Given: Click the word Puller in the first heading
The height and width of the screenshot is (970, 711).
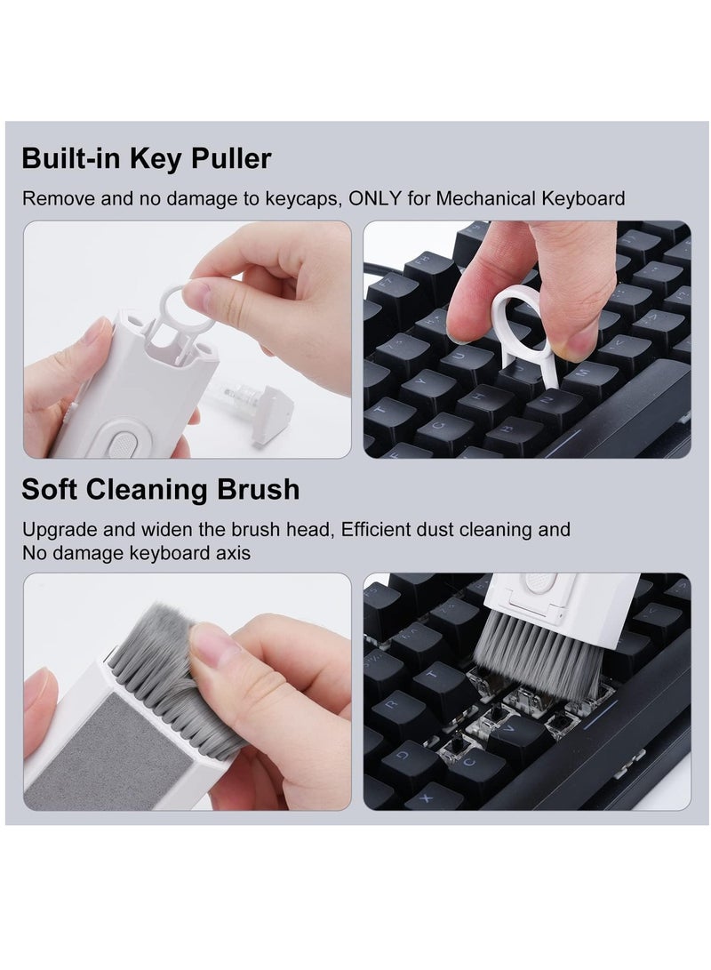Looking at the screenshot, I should pyautogui.click(x=228, y=159).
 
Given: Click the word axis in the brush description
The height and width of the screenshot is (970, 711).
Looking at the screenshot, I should pyautogui.click(x=232, y=553).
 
